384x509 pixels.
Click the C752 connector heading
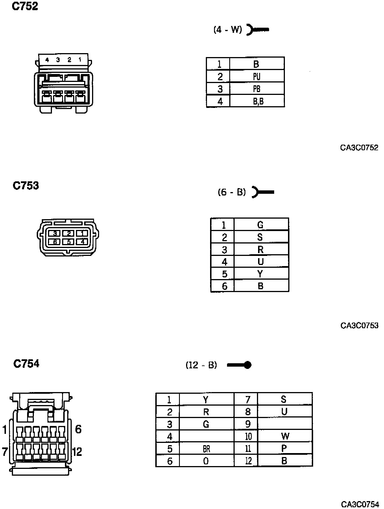25,6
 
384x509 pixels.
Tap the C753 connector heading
26,186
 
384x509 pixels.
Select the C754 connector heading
26,364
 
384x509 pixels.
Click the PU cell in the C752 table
257,77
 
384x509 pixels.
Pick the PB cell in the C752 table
257,89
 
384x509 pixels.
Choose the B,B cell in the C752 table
258,101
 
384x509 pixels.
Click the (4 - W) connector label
228,29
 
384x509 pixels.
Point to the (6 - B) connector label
232,192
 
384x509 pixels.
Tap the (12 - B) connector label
201,365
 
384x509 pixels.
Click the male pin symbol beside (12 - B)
239,365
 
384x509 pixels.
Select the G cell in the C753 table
260,225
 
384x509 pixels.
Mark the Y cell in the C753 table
260,274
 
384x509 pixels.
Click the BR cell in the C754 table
206,449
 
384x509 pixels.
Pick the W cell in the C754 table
285,436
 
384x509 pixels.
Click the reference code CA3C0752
359,148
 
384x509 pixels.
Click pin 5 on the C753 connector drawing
69,242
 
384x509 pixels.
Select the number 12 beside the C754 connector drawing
77,452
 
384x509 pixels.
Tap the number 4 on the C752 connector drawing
47,60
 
